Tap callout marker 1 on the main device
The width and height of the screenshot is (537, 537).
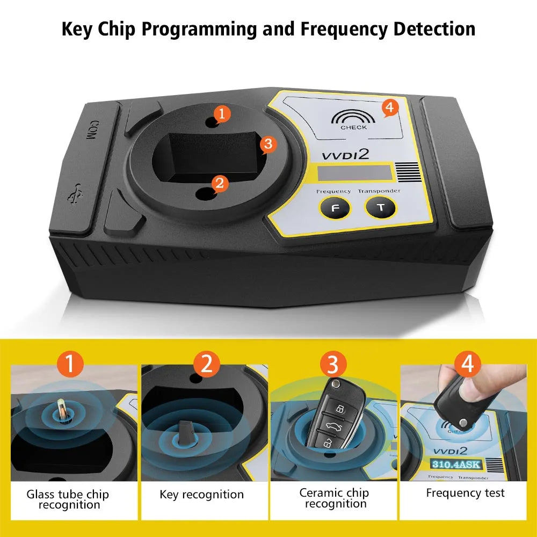221,113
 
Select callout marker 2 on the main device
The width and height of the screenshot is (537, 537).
219,183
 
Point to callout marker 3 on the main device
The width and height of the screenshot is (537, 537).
267,144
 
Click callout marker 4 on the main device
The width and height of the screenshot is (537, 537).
389,108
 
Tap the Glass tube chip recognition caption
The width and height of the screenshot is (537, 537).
68,499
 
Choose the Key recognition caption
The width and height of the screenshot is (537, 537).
201,495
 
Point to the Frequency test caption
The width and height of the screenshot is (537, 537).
465,493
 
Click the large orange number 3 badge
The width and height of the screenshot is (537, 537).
333,365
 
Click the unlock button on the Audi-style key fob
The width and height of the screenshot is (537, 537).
339,410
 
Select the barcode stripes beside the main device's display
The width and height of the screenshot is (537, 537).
407,173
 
